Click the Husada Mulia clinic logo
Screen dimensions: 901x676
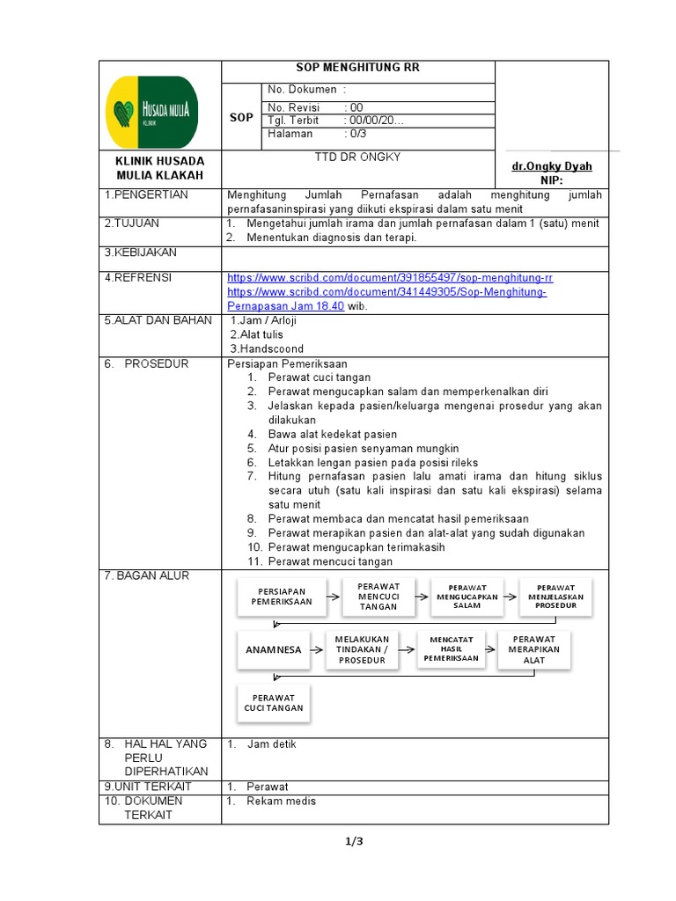151,112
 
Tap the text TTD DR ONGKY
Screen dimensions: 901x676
357,157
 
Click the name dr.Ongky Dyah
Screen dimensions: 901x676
552,166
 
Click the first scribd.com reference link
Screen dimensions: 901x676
390,277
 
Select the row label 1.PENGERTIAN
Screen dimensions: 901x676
146,194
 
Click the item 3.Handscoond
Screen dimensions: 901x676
267,348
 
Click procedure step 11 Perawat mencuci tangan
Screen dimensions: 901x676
330,561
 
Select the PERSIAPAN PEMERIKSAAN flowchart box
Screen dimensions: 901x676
282,596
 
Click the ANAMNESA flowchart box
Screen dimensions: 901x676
273,650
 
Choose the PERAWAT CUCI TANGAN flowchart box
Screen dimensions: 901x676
273,702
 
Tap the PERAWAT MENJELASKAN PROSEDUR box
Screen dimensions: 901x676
555,596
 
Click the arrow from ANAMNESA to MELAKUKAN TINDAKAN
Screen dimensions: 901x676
318,650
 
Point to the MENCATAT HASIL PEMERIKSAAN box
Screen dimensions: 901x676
451,648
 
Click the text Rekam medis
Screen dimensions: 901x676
281,801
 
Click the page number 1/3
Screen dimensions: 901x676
353,841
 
